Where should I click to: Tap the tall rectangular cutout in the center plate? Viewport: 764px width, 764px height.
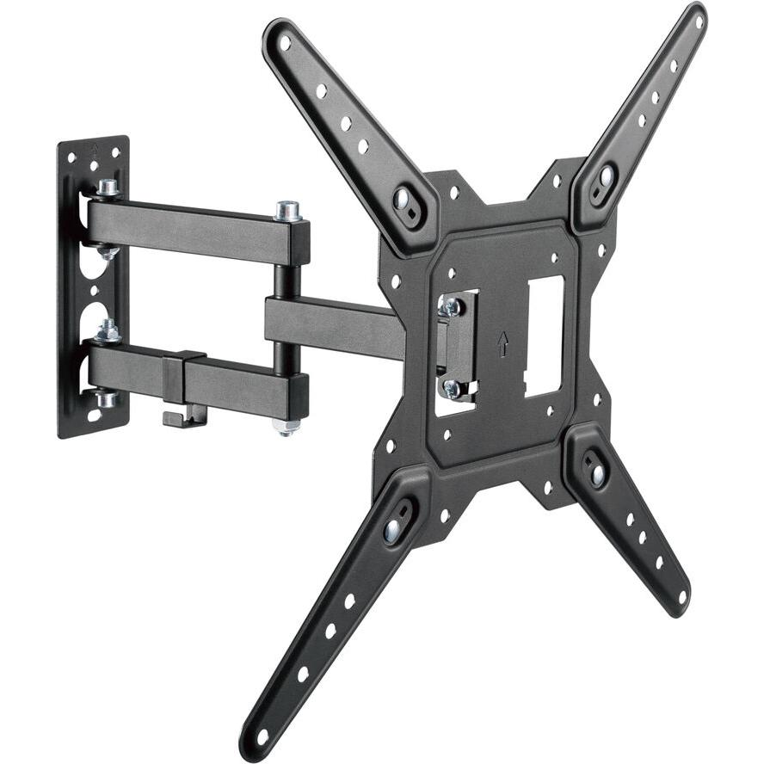click(544, 336)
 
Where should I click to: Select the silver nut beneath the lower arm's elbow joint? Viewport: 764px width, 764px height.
click(287, 427)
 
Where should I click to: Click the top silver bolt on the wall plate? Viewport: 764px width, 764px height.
click(107, 188)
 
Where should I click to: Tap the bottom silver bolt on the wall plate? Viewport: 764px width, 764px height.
click(107, 399)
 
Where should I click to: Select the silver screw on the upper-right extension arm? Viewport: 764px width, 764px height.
click(606, 178)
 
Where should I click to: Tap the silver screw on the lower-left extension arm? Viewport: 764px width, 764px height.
click(393, 530)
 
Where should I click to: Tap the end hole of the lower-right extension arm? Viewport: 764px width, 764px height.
click(680, 596)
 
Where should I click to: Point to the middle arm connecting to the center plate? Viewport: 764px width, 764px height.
click(336, 327)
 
